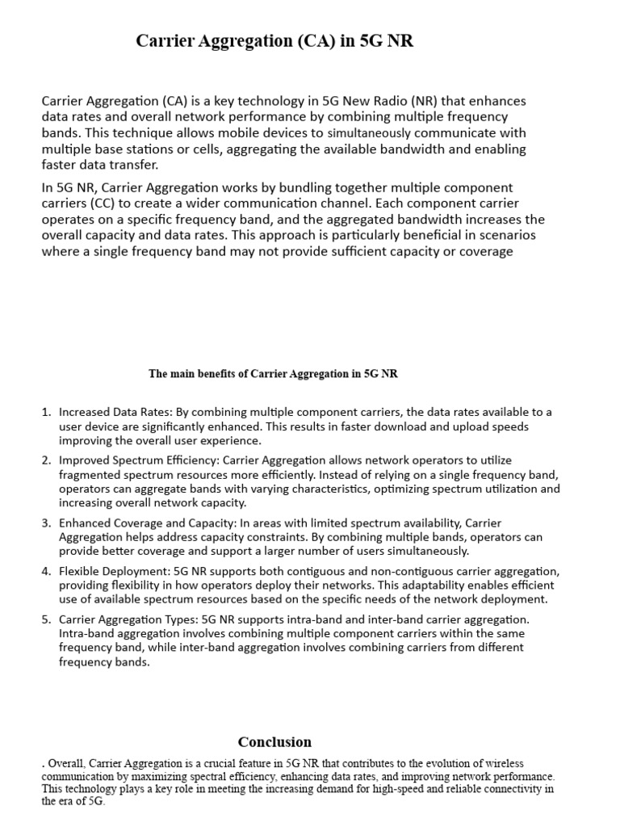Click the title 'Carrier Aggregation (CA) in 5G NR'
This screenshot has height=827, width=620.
pos(274,42)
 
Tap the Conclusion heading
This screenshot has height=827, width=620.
pos(274,741)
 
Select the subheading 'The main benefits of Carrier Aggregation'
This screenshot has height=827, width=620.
pos(273,374)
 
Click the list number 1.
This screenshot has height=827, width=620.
pos(46,413)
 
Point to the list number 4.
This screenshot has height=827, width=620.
pos(46,572)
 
